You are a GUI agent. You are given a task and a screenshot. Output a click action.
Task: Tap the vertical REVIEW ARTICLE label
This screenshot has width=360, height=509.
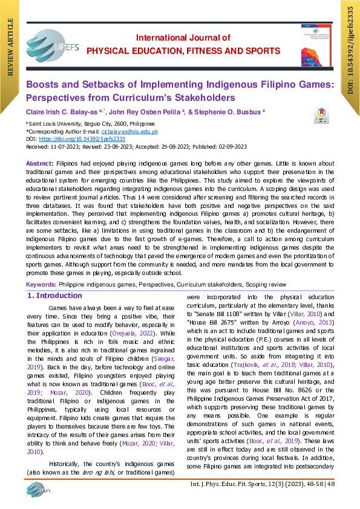point(10,48)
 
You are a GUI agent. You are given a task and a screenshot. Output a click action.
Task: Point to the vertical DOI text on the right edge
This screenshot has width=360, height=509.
point(350,48)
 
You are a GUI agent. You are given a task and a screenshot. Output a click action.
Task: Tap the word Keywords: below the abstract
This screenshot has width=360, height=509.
point(41,284)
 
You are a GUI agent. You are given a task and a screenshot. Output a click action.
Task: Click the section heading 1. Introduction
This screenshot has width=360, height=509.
point(55,296)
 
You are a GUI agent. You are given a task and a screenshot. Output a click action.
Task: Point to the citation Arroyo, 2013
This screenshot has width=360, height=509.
point(323,323)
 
